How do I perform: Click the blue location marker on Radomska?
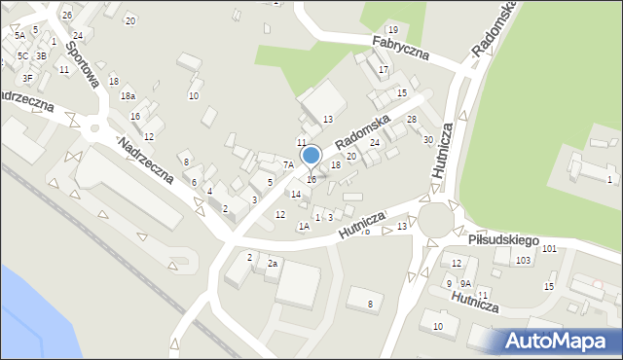coord(311,156)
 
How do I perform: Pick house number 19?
coord(391,31)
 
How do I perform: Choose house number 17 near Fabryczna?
coord(384,70)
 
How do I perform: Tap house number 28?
coord(412,119)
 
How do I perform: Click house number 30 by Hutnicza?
coord(427,139)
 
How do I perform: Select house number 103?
coord(523,260)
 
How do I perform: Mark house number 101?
coord(549,249)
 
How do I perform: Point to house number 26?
coord(66,16)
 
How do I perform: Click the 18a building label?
coord(128,95)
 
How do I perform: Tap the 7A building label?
coord(288,165)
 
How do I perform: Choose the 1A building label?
coord(304,226)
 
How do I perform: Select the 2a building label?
coord(274,264)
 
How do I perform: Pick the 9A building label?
coord(465,283)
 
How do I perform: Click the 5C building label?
coord(21,55)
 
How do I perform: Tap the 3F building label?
coord(27,78)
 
